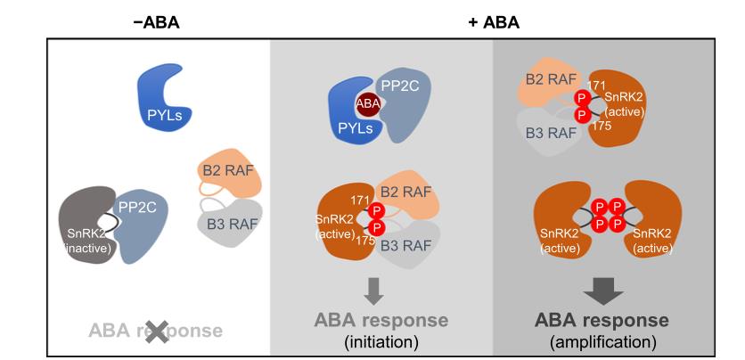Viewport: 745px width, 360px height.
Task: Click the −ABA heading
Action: click(x=156, y=20)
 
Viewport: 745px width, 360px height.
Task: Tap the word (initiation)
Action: click(x=380, y=341)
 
